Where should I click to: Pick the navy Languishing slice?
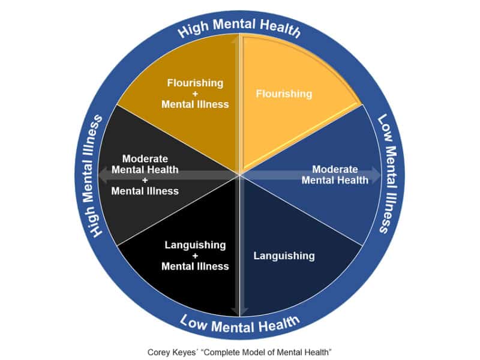pos(288,270)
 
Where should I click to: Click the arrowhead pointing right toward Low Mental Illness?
pos(376,175)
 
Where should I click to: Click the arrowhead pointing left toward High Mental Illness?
pos(103,175)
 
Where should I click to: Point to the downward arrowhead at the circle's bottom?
pos(239,311)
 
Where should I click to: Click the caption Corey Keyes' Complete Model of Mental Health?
pos(239,350)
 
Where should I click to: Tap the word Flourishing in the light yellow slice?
pos(284,94)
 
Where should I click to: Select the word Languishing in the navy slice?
pos(284,256)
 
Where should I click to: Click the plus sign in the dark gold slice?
pos(195,94)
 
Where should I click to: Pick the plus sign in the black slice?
pos(195,256)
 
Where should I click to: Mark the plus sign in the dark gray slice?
pos(145,180)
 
